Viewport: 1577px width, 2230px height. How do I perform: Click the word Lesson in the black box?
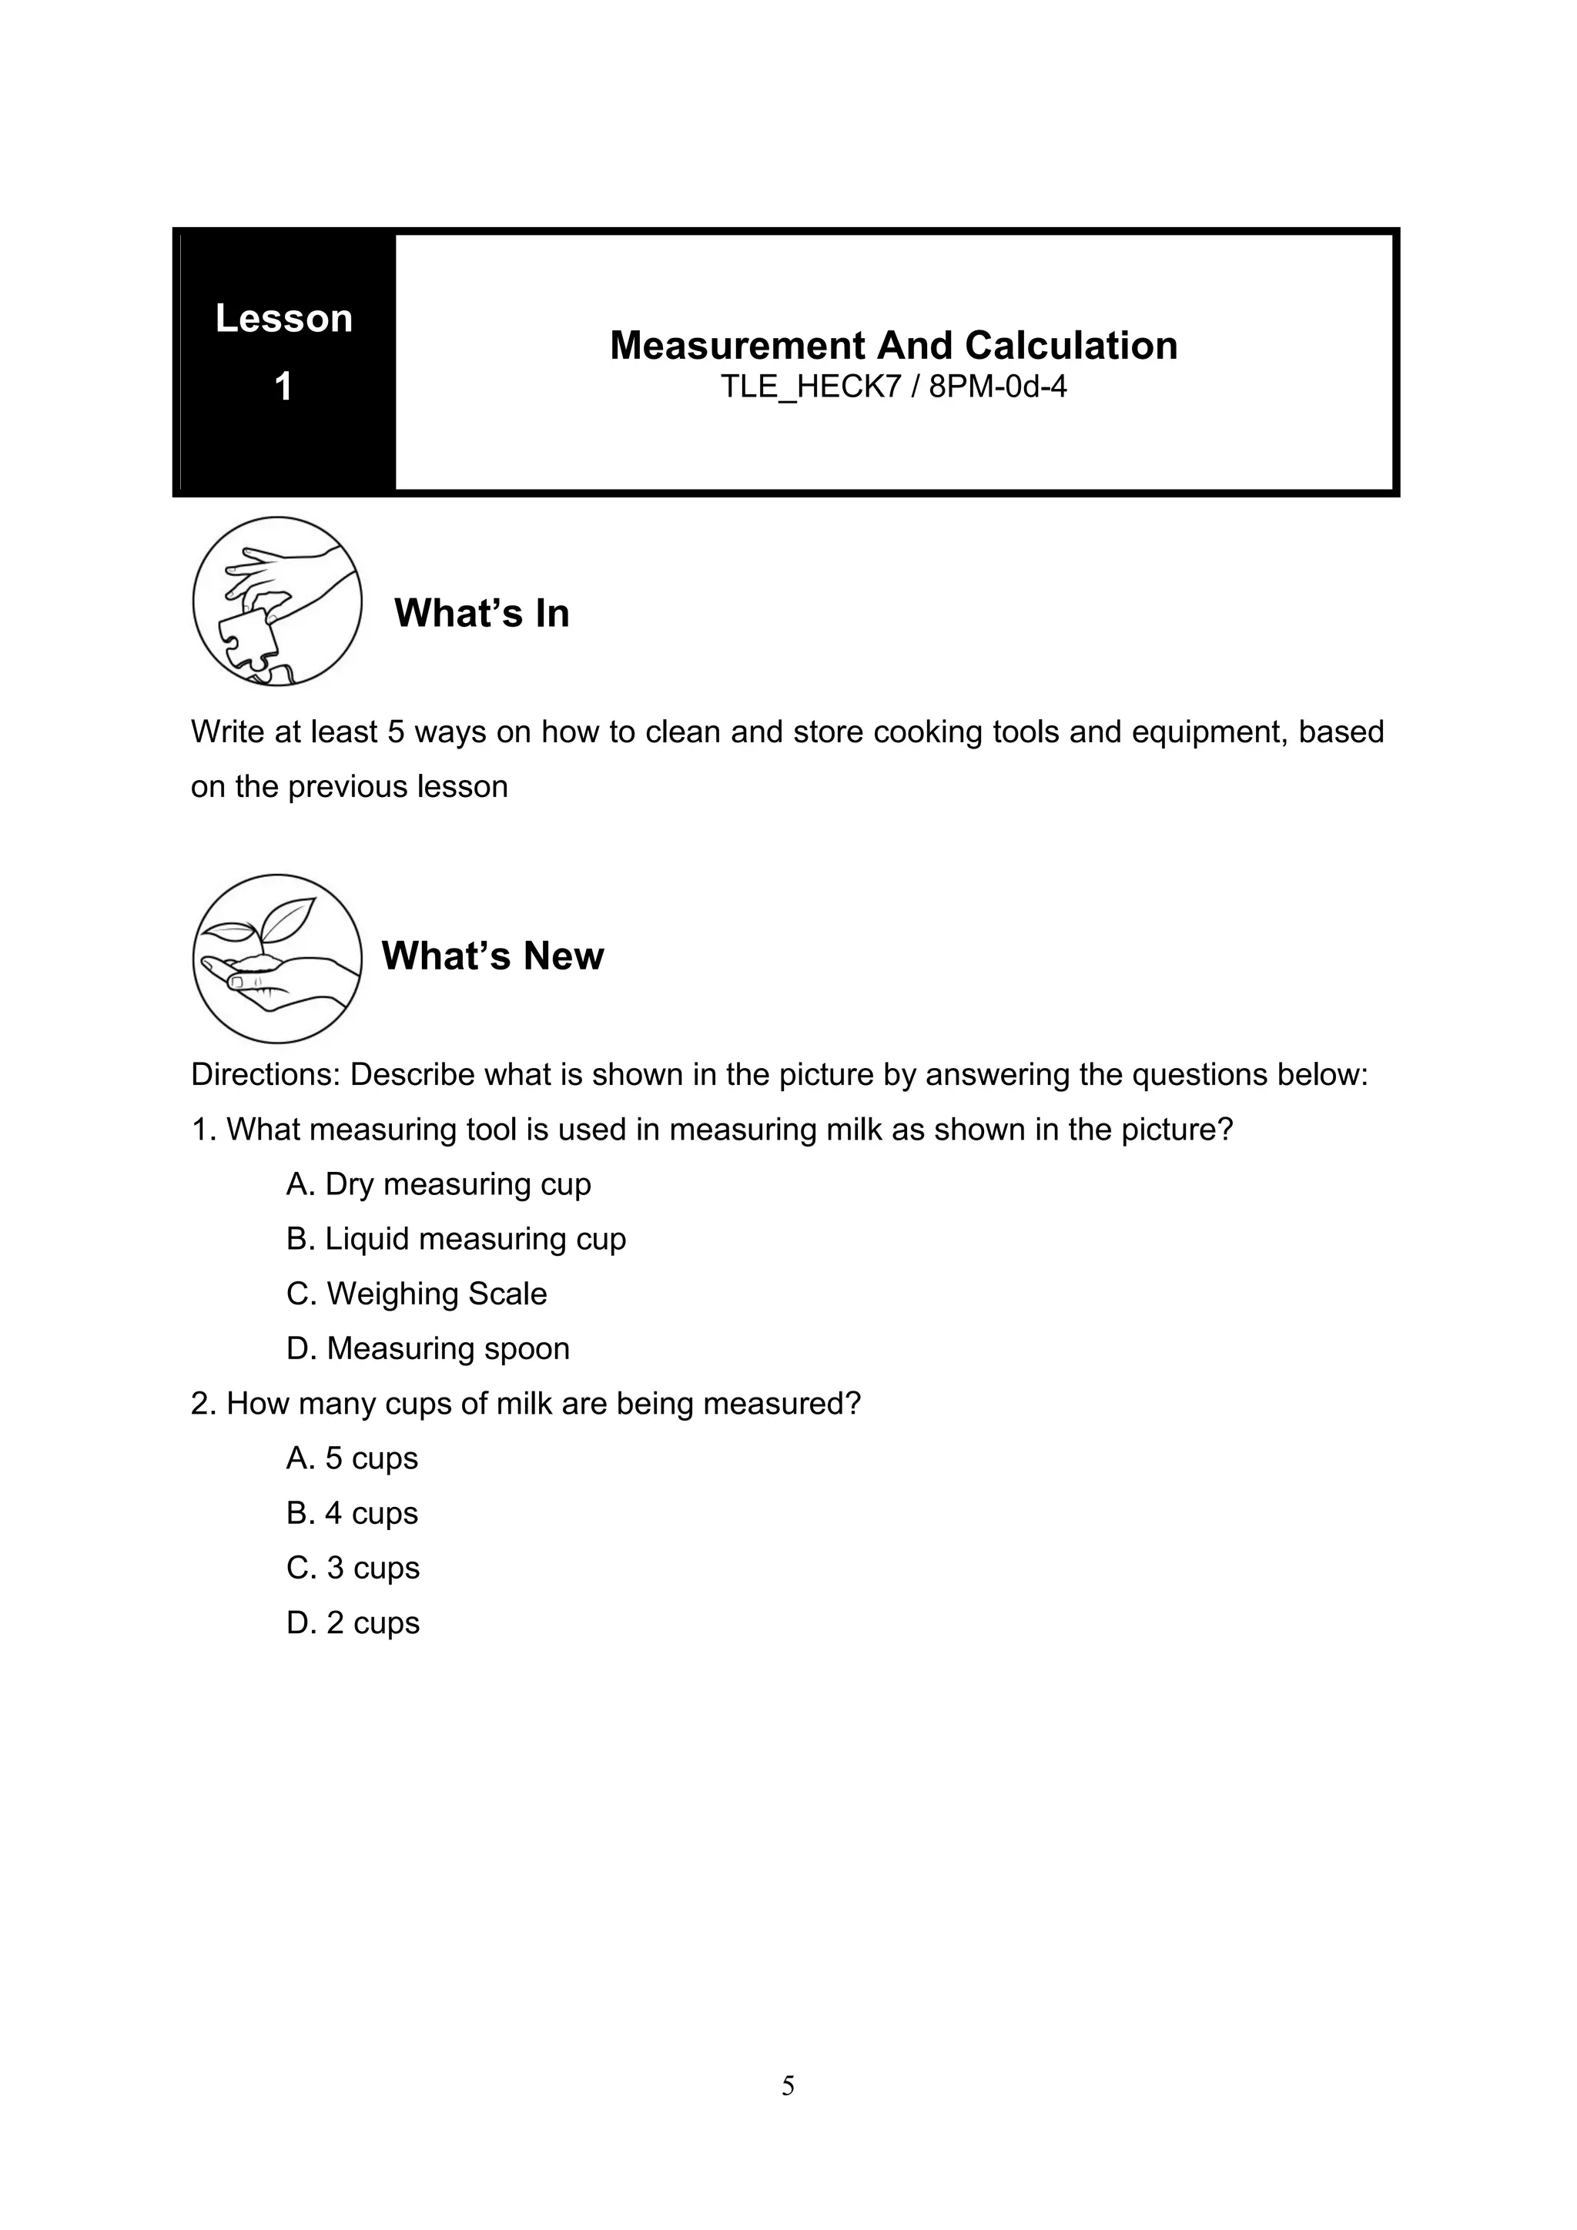click(x=283, y=319)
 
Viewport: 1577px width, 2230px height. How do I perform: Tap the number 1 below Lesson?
click(x=283, y=387)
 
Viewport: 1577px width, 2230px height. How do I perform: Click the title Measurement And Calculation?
click(x=893, y=346)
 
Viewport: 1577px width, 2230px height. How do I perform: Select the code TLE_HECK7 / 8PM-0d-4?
click(x=893, y=387)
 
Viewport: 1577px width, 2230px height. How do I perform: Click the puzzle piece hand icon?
click(x=278, y=601)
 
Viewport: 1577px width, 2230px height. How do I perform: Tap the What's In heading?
click(x=481, y=613)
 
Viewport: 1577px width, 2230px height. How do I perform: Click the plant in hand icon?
click(x=278, y=959)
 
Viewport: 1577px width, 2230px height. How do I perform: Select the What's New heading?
click(x=492, y=956)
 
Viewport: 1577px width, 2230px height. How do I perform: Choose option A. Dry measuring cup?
click(x=439, y=1184)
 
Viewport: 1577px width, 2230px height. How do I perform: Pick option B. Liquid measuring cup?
click(x=457, y=1239)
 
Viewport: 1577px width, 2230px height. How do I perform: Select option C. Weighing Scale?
click(x=417, y=1294)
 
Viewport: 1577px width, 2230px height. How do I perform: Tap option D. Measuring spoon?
click(x=428, y=1348)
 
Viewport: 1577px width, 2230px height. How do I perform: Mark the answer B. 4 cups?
click(x=353, y=1513)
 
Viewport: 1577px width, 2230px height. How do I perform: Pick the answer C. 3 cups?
click(x=353, y=1568)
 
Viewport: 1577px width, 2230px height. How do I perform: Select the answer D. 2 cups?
click(x=353, y=1623)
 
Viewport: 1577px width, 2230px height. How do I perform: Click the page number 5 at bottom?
click(x=788, y=2086)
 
